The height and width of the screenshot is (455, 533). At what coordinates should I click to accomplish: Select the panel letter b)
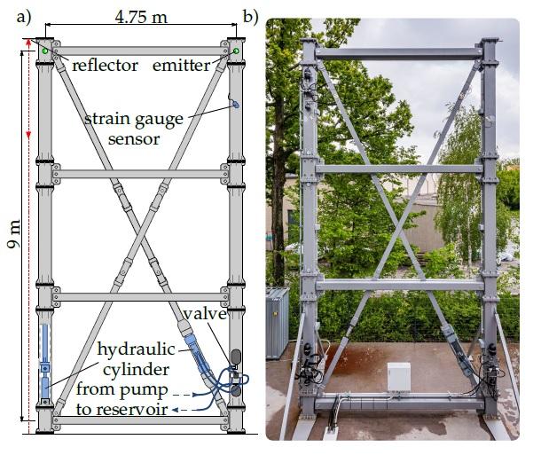[250, 15]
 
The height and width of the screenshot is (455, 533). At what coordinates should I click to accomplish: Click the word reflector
[105, 66]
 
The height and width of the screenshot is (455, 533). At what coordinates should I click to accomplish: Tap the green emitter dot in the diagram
[237, 51]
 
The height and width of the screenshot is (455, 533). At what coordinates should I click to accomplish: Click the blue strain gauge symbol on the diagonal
[234, 104]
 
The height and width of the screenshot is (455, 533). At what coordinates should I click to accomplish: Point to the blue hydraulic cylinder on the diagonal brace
[197, 354]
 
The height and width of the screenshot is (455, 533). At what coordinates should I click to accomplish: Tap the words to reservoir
[125, 409]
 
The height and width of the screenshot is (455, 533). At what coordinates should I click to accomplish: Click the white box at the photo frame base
[396, 376]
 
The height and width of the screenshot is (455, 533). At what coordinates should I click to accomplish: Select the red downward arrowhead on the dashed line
[28, 135]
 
